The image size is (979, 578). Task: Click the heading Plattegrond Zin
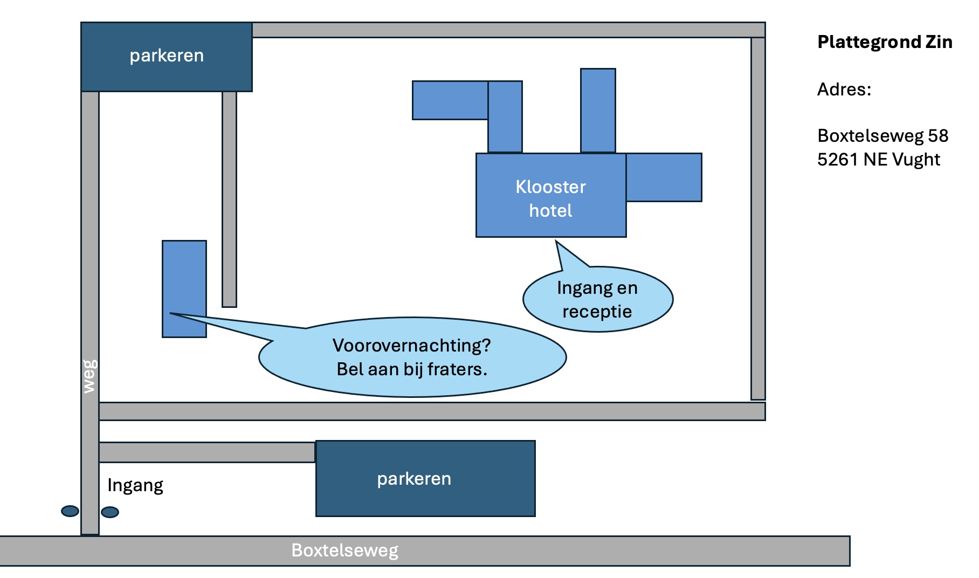point(885,42)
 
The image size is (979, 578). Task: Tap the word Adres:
point(844,89)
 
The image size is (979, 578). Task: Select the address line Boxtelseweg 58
point(883,135)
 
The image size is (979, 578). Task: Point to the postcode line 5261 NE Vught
point(879,160)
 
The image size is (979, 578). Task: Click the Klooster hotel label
point(550,198)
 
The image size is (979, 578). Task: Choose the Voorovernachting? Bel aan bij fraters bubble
point(412,357)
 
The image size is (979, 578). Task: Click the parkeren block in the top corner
point(167,57)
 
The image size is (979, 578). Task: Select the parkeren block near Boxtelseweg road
point(425,479)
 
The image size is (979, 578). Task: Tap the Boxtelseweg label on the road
point(345,551)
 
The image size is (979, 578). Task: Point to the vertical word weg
point(90,376)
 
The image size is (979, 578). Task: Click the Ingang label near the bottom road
point(135,485)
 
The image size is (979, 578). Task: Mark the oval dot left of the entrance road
point(70,511)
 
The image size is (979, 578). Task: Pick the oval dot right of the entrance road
point(110,512)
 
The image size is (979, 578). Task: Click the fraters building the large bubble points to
point(184,289)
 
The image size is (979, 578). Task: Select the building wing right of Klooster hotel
point(664,177)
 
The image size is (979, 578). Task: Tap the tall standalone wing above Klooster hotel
point(598,111)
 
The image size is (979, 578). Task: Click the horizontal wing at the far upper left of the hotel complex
point(450,100)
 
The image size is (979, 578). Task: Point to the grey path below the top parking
point(230,199)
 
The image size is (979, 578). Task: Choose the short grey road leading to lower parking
point(207,452)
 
